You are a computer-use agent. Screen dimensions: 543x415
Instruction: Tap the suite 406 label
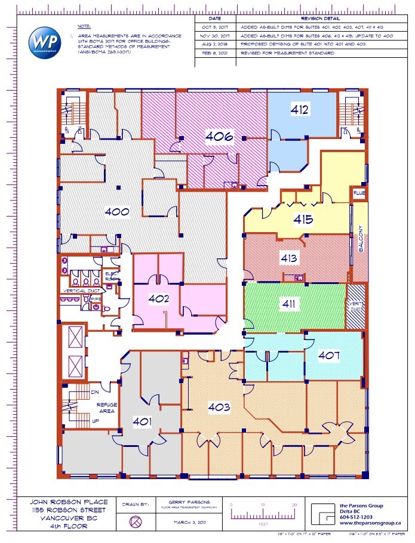click(219, 136)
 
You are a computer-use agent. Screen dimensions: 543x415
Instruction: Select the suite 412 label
click(299, 109)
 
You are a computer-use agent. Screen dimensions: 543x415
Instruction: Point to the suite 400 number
click(117, 211)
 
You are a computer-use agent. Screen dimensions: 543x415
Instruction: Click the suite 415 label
click(303, 219)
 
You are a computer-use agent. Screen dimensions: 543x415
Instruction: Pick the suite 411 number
click(289, 304)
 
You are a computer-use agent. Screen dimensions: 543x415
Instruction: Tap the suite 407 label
click(329, 356)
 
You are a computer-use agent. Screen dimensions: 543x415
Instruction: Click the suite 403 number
click(220, 407)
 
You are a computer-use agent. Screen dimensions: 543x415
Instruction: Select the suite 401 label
click(143, 421)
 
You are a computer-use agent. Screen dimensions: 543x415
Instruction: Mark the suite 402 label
click(159, 299)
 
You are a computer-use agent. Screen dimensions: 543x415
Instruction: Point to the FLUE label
click(358, 193)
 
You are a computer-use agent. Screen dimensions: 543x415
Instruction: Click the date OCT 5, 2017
click(215, 28)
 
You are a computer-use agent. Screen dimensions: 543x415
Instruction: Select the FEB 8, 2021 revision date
click(215, 53)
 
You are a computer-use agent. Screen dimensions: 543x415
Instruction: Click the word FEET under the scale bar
click(262, 524)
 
